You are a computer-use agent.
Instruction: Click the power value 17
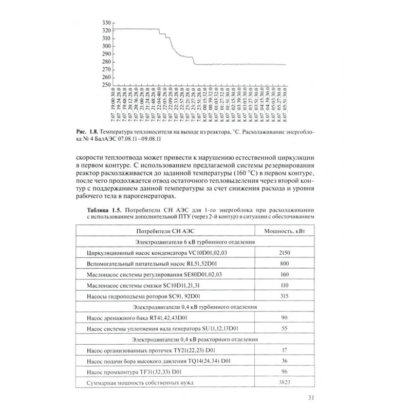coord(285,350)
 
